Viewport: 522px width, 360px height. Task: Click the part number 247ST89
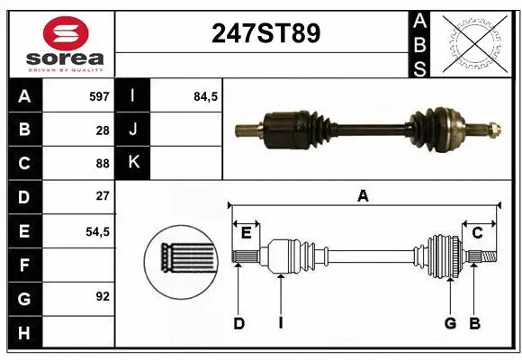265,33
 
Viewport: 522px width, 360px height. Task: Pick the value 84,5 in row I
206,95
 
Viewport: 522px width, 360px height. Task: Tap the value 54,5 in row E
96,230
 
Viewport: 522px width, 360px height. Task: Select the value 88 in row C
102,163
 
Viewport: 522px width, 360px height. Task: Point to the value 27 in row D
102,196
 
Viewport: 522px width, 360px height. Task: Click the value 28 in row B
102,130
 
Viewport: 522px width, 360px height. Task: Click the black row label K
133,163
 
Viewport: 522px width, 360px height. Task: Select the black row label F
24,265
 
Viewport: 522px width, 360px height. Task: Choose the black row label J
133,130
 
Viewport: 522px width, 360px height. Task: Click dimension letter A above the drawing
363,194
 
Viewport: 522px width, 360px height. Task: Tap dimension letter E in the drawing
246,233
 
